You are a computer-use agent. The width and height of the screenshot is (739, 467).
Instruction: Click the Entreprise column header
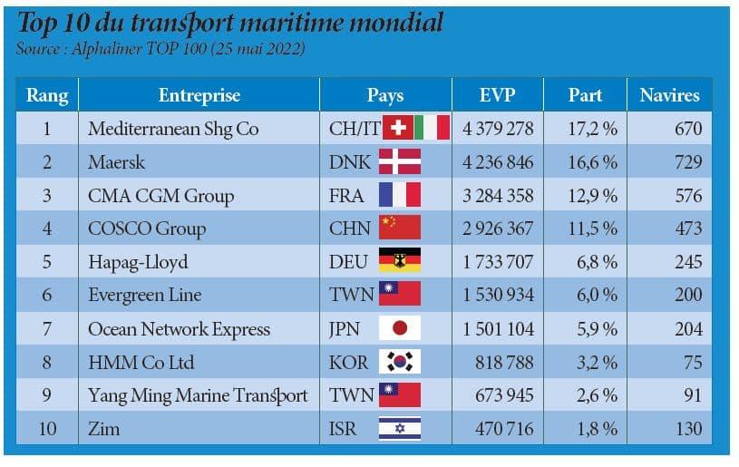199,95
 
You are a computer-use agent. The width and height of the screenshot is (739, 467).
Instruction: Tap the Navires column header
669,95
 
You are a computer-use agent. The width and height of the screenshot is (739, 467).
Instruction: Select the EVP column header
498,95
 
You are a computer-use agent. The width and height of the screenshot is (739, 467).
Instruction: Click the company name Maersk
116,162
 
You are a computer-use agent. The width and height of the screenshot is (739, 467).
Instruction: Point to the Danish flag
399,162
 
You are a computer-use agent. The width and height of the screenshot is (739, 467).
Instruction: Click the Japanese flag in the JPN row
399,328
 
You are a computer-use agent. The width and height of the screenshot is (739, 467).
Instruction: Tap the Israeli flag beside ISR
399,428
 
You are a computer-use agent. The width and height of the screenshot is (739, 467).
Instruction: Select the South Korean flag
399,362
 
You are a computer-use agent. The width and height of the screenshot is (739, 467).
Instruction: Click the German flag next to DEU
399,262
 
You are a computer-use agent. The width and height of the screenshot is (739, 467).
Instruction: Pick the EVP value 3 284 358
498,196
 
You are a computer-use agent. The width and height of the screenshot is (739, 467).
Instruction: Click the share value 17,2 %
592,129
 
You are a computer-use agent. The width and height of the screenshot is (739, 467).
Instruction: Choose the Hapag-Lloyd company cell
138,262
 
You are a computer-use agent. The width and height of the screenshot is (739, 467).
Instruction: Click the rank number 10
46,428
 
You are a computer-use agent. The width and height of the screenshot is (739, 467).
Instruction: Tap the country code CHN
350,229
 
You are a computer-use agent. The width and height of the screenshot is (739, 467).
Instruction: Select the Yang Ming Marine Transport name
198,395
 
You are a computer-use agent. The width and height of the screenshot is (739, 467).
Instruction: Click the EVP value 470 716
505,428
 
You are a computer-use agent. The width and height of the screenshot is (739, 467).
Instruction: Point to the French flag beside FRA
399,196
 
